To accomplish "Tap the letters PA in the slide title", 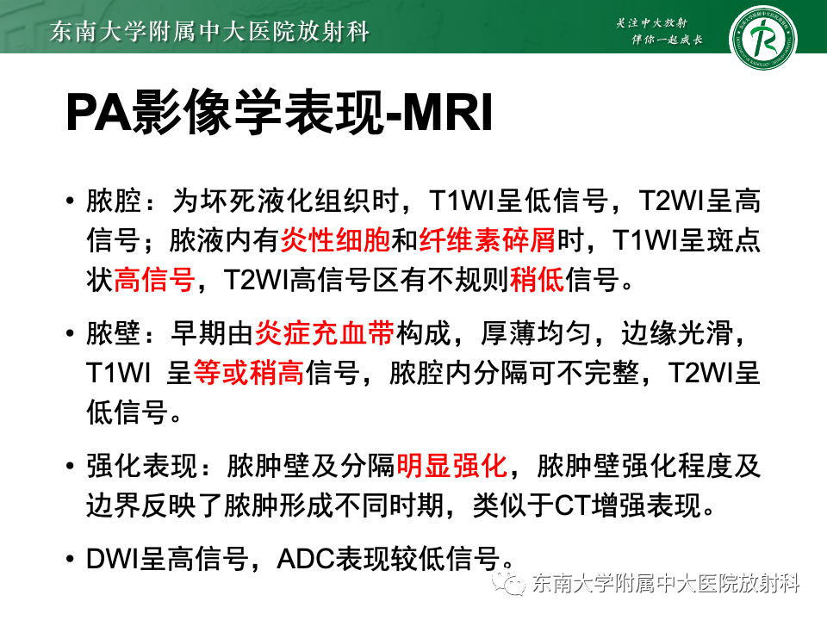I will pos(96,115).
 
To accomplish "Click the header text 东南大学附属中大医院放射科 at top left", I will pos(210,33).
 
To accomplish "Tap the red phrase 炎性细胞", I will pos(335,240).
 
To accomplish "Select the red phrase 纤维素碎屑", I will pos(488,240).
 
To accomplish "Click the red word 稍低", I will pos(538,279).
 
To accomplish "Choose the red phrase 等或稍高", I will pos(248,373).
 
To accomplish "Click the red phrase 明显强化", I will pos(451,467).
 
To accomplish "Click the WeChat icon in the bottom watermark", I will pos(515,586).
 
